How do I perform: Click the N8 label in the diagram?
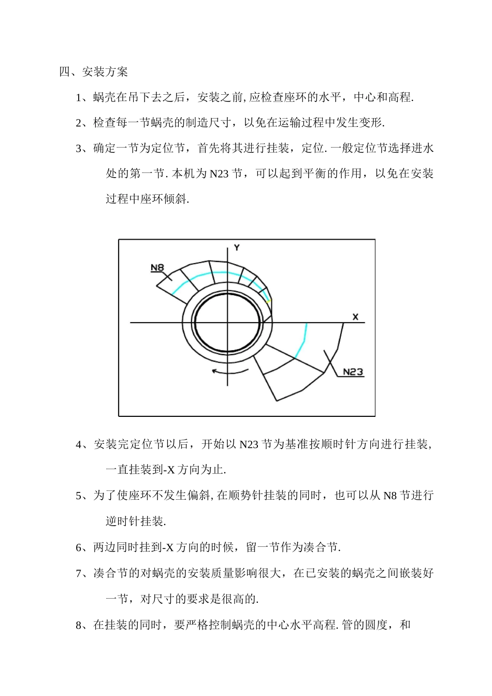coord(157,268)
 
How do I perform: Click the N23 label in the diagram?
coord(353,372)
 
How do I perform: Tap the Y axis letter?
coord(237,248)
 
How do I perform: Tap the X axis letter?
coord(355,317)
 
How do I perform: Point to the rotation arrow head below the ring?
coord(214,371)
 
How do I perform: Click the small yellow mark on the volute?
coord(269,301)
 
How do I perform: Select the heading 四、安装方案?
coord(94,72)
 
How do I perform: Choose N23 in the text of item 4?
coord(249,445)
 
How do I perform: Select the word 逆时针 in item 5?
coord(123,521)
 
